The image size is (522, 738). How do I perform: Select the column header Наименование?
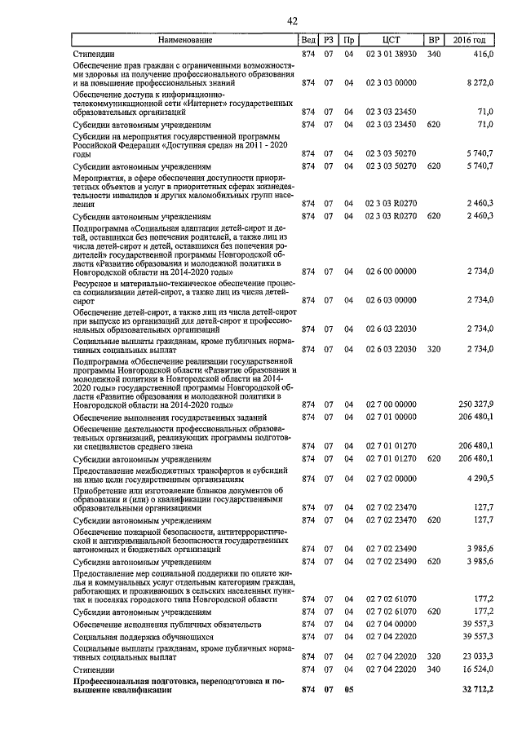coord(184,39)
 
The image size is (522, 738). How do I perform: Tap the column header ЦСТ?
coord(391,39)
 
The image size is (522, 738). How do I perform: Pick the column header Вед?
coord(307,39)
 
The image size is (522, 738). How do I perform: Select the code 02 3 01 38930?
coord(391,53)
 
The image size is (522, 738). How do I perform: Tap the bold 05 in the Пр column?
coord(348,690)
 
